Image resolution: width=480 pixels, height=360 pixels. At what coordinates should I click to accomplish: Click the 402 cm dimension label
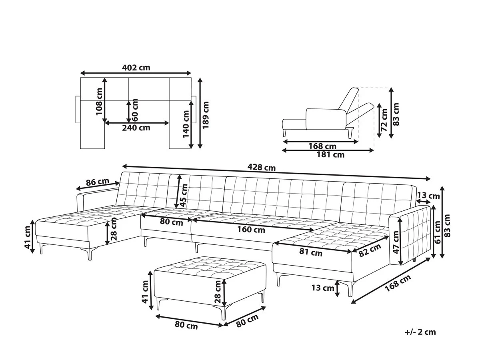[x=136, y=68]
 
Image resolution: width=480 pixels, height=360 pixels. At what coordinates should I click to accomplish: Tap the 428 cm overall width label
[x=261, y=168]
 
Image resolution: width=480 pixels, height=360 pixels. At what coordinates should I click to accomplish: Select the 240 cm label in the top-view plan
[x=136, y=128]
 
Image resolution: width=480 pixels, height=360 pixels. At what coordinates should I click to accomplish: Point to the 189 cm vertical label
[x=206, y=115]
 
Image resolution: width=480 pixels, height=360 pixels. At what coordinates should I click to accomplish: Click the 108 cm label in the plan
[x=99, y=102]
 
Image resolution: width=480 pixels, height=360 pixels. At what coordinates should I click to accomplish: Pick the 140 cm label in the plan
[x=186, y=124]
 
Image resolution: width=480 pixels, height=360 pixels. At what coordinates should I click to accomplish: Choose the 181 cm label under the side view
[x=330, y=155]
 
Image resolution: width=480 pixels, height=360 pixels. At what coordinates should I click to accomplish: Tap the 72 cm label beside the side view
[x=384, y=120]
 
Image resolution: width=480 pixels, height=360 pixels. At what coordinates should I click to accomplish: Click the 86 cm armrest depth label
[x=97, y=182]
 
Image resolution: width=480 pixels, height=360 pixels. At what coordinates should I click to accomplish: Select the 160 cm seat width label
[x=251, y=230]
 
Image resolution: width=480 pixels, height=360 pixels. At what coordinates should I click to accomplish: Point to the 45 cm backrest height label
[x=184, y=195]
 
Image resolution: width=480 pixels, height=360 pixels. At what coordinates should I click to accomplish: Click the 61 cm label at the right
[x=438, y=232]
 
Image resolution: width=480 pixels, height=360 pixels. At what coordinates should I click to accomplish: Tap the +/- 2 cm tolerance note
[x=420, y=332]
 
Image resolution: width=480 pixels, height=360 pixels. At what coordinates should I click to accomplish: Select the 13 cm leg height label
[x=322, y=288]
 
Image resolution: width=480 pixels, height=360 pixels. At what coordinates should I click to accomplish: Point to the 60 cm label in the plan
[x=135, y=110]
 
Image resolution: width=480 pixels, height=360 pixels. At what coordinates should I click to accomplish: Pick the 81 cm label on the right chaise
[x=311, y=252]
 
